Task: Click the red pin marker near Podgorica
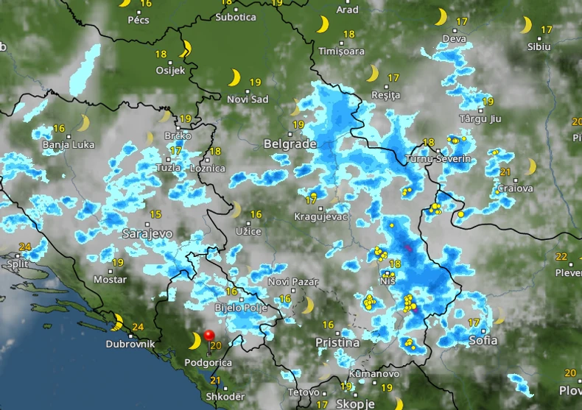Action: point(209,336)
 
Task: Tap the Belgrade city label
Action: point(290,144)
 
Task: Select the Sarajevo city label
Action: point(147,233)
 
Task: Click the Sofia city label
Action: point(483,340)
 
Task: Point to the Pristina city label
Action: point(337,342)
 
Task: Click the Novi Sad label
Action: point(248,99)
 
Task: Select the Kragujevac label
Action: point(321,217)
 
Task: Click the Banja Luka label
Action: point(69,144)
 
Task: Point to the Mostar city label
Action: point(111,280)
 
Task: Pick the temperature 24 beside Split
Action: point(24,247)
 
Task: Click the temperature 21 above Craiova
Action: point(505,172)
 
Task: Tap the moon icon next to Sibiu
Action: point(525,25)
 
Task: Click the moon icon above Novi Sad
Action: point(234,77)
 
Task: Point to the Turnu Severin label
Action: point(439,160)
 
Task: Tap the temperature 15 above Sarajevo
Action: point(155,215)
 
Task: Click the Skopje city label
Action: point(355,404)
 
